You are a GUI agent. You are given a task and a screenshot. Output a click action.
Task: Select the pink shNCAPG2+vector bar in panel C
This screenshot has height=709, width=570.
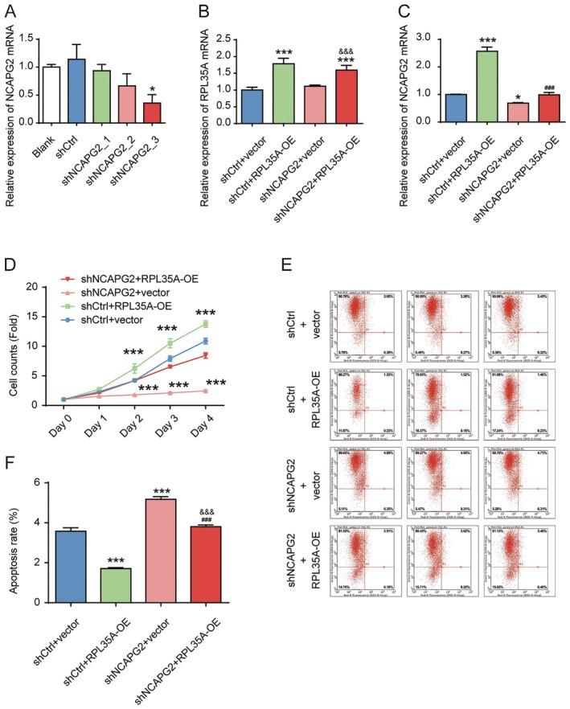[x=493, y=112]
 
